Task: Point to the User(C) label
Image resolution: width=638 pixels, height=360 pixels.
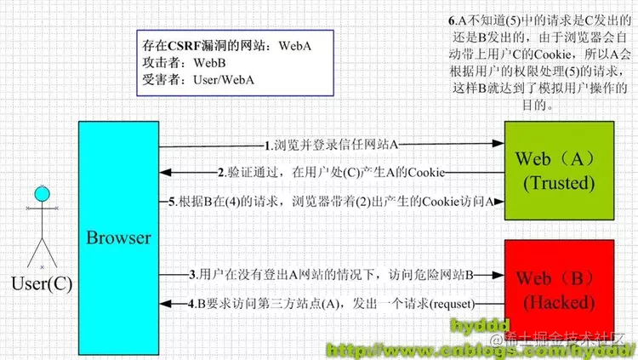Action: tap(40, 283)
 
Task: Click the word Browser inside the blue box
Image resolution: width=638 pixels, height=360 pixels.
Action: tap(118, 237)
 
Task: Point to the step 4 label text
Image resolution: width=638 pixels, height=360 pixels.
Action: tap(332, 303)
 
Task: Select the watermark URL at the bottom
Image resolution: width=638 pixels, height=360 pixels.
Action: tap(481, 350)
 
